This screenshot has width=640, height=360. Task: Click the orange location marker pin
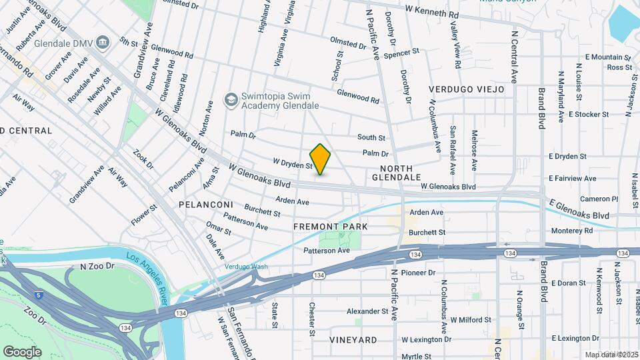pyautogui.click(x=321, y=159)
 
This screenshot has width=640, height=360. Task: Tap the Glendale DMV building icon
pyautogui.click(x=103, y=43)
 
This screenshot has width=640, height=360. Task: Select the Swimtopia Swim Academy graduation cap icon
pyautogui.click(x=231, y=100)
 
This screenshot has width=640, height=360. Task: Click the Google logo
pyautogui.click(x=22, y=351)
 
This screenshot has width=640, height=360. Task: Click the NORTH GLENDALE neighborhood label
pyautogui.click(x=401, y=173)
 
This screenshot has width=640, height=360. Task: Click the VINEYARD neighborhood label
pyautogui.click(x=354, y=339)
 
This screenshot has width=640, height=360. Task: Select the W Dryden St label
pyautogui.click(x=293, y=163)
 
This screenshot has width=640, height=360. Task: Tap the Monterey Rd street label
pyautogui.click(x=571, y=231)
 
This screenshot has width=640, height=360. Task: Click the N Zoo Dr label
pyautogui.click(x=97, y=266)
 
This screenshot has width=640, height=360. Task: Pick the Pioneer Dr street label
pyautogui.click(x=418, y=272)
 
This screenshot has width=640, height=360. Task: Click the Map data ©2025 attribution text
pyautogui.click(x=611, y=355)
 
